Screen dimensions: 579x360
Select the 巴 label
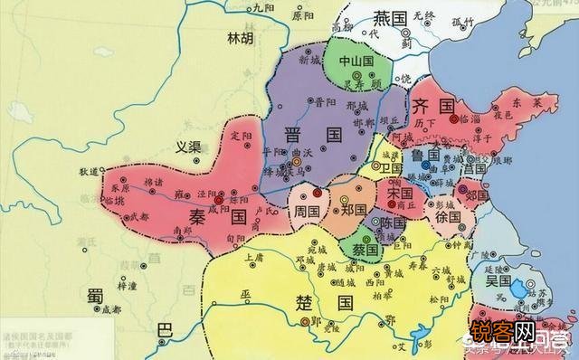tap(164, 330)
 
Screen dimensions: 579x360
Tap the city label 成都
tap(110, 309)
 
